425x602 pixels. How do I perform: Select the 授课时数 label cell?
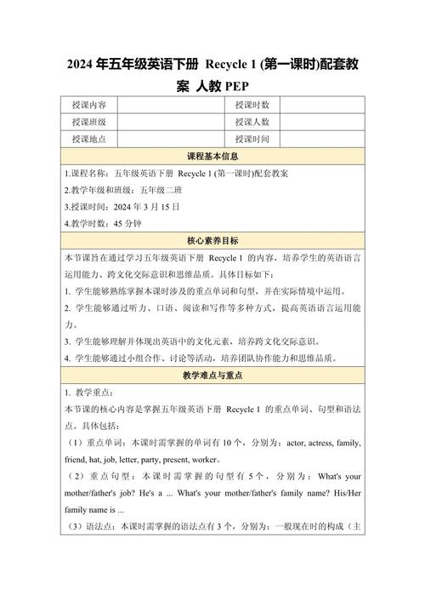pyautogui.click(x=252, y=105)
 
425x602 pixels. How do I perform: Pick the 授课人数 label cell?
pyautogui.click(x=252, y=123)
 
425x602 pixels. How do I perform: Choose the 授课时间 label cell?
pyautogui.click(x=252, y=140)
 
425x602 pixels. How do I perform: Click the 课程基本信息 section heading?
pyautogui.click(x=212, y=157)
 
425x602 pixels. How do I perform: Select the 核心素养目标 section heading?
pyautogui.click(x=212, y=241)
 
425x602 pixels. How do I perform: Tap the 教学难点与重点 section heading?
pyautogui.click(x=212, y=376)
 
